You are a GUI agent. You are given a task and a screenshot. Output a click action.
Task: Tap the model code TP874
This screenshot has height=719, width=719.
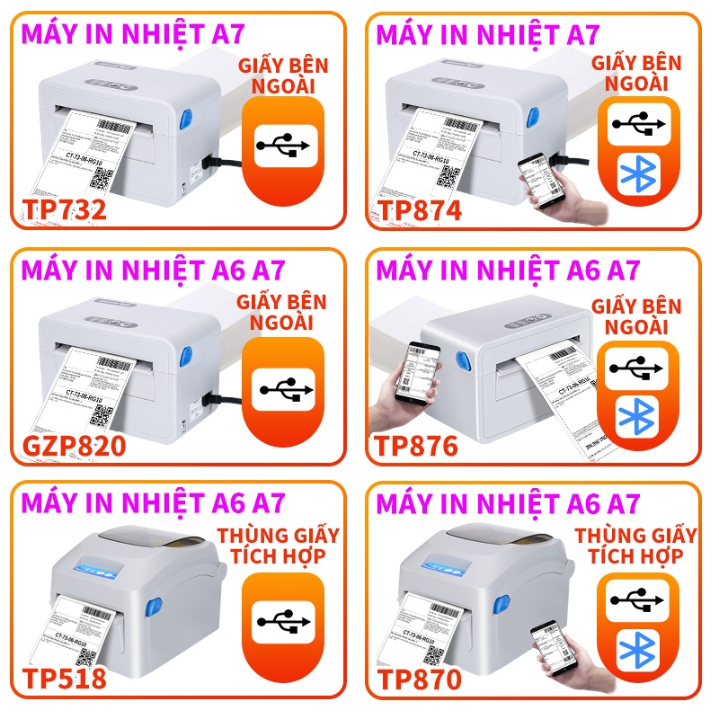point(419,209)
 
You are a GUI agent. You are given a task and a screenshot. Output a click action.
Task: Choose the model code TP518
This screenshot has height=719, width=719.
point(64,679)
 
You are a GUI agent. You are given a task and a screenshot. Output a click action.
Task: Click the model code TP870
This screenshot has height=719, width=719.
point(419,679)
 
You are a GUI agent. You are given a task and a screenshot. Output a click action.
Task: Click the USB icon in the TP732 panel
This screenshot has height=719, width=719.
point(283,144)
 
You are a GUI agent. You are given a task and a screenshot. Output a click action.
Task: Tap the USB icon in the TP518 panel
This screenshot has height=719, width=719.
point(283,620)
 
